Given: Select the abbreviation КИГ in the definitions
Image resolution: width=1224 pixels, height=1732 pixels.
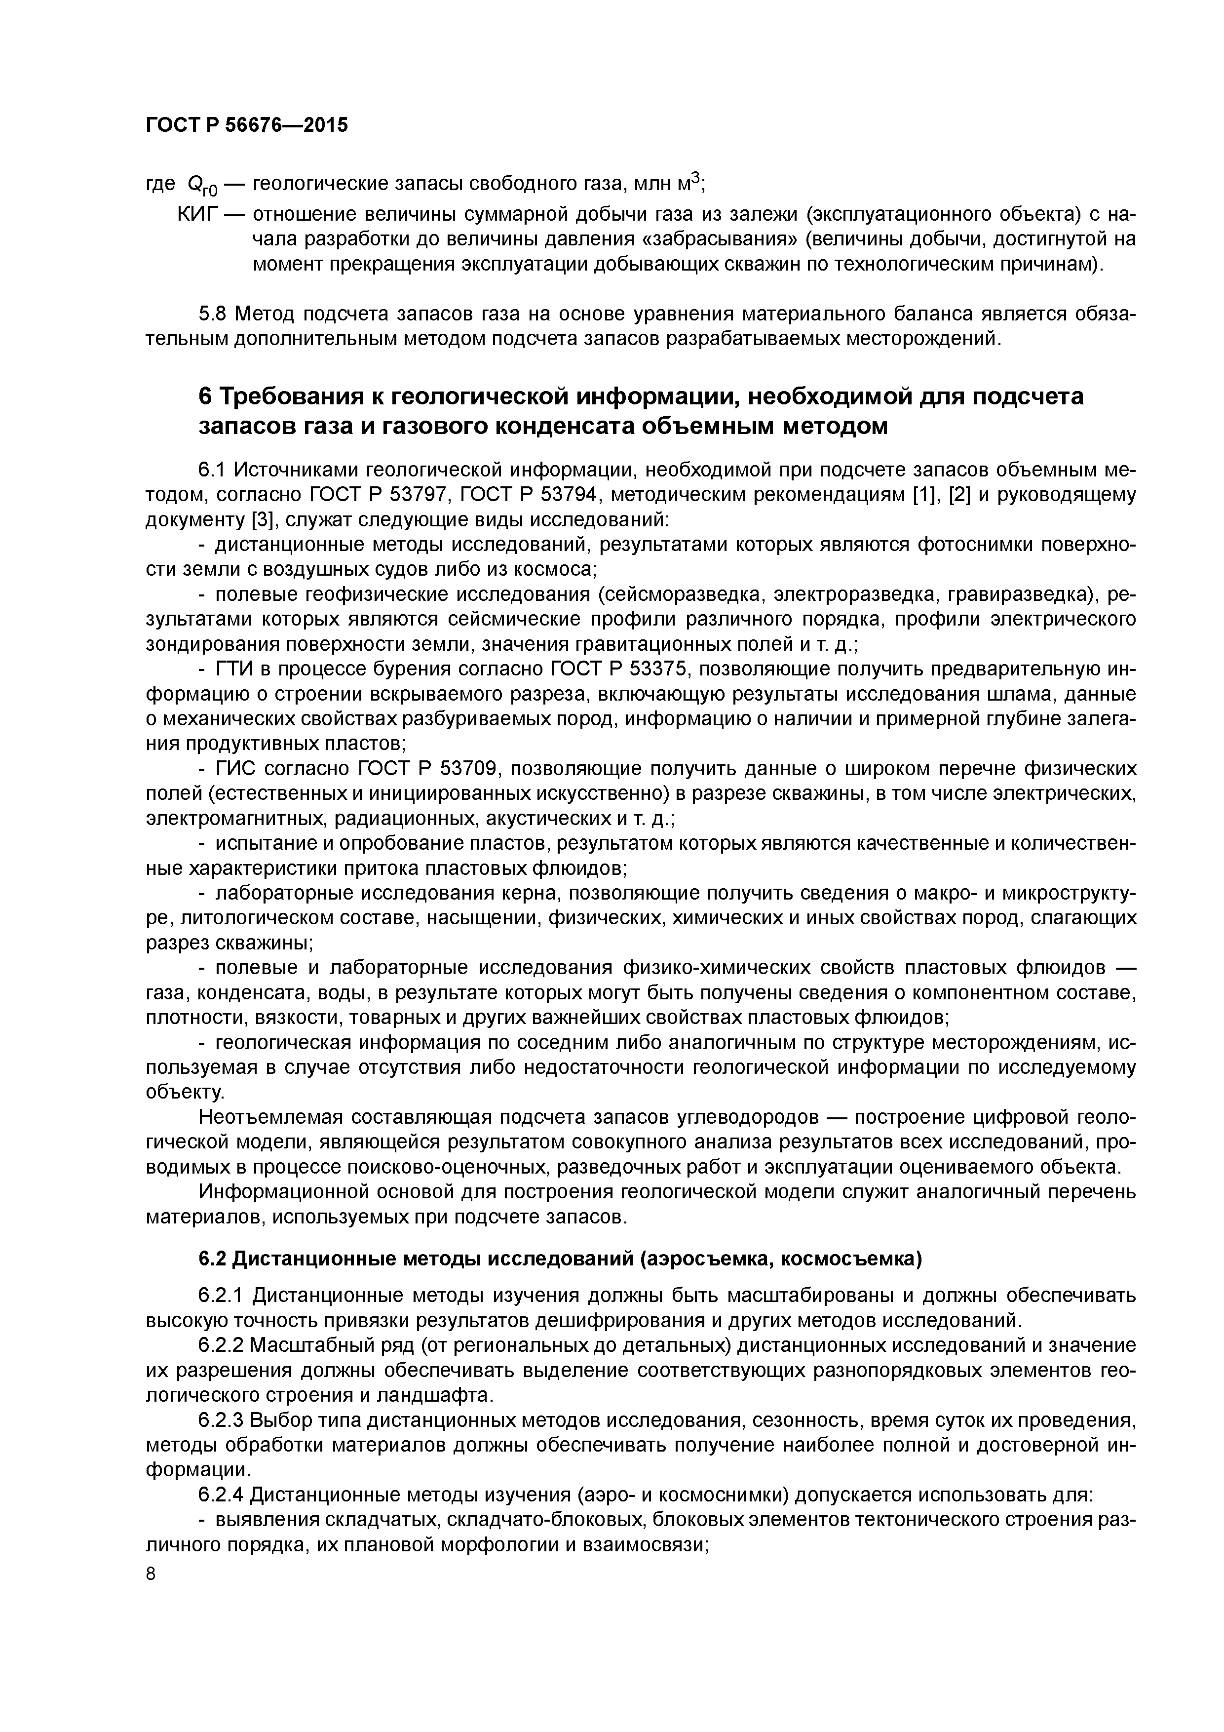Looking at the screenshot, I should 197,215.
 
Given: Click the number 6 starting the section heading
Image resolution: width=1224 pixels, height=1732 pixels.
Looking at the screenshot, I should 205,397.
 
